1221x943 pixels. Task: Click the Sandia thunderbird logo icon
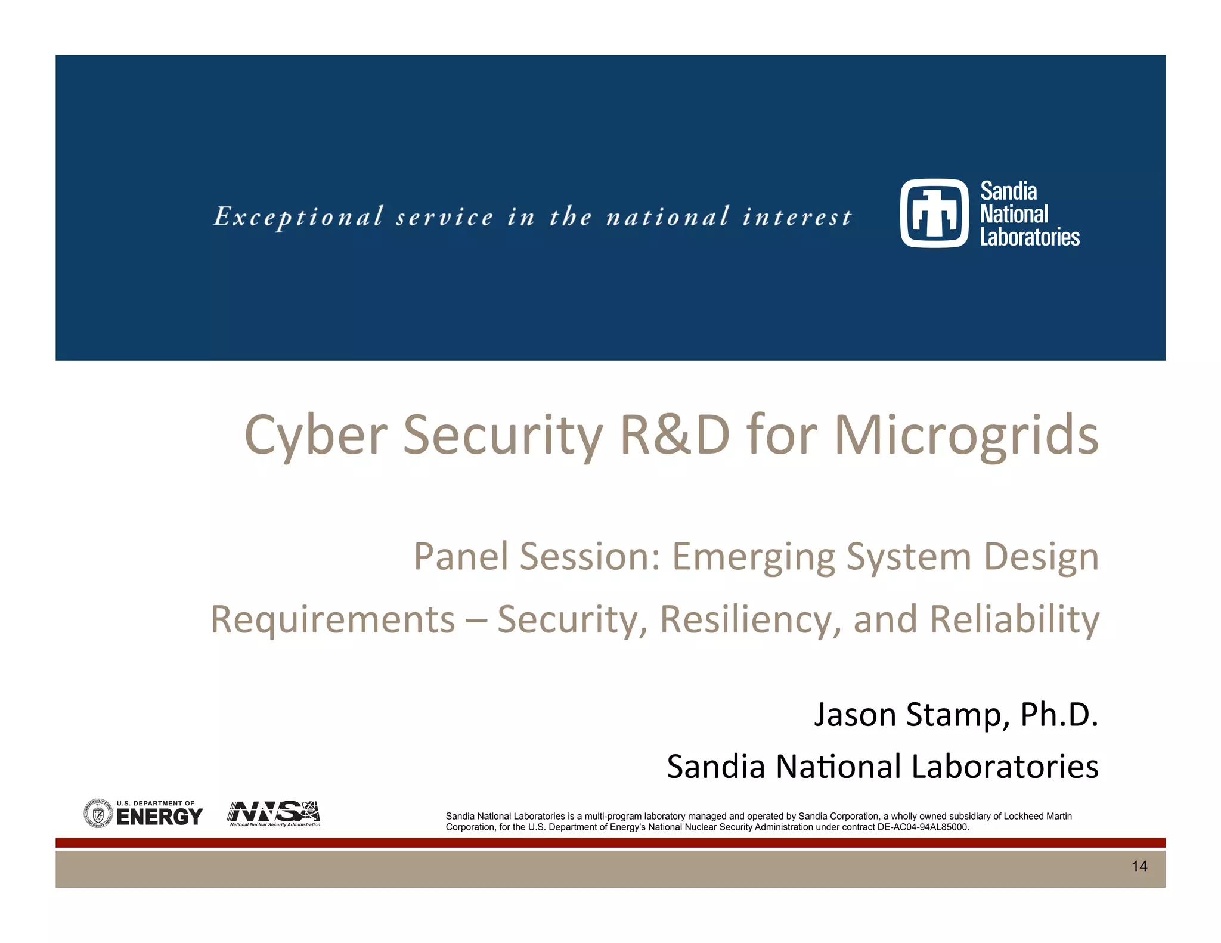934,213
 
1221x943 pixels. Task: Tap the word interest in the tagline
797,217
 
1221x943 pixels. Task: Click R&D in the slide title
675,435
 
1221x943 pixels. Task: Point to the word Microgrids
966,436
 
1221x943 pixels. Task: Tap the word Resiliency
751,619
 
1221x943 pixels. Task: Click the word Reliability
1014,619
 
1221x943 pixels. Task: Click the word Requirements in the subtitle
333,619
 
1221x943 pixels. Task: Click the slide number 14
1139,867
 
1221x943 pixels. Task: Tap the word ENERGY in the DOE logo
159,817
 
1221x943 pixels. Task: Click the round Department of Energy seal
98,814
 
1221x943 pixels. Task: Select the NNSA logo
274,813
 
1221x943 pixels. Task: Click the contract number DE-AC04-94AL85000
923,827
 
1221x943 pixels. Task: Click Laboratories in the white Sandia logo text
1030,237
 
